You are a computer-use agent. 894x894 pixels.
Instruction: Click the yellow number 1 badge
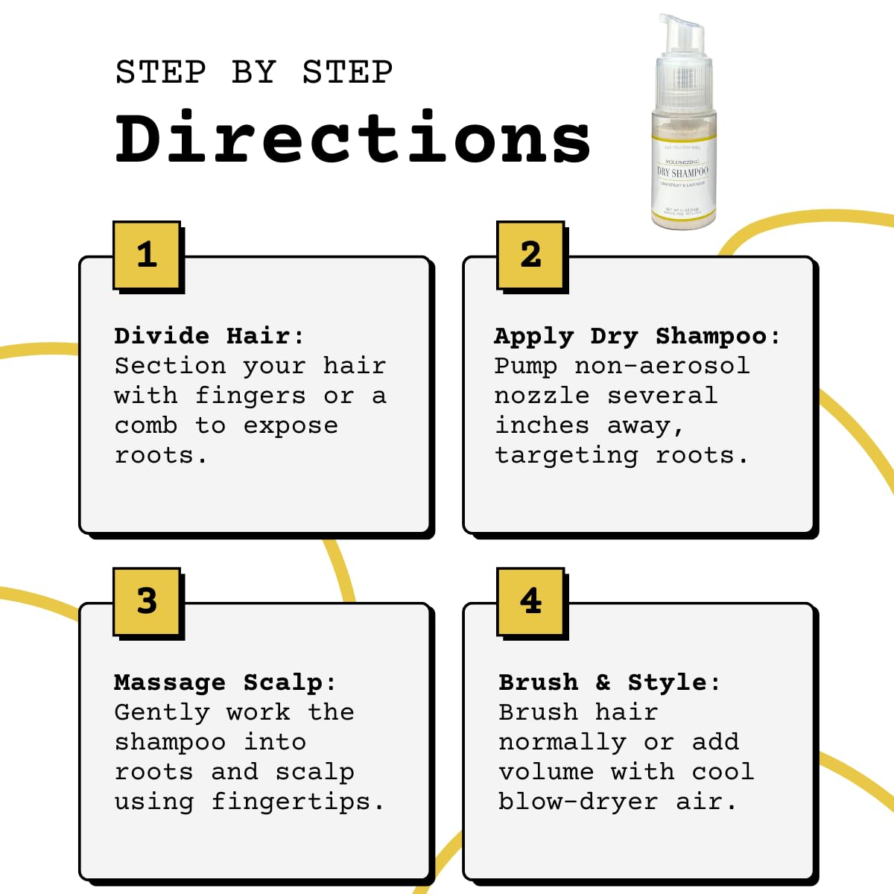tap(147, 255)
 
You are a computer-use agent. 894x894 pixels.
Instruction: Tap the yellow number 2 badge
tap(530, 255)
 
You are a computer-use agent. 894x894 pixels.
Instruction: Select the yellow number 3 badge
tap(147, 601)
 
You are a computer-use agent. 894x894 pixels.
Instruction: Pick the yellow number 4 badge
tap(530, 601)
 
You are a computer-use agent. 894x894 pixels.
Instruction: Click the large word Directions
tap(353, 139)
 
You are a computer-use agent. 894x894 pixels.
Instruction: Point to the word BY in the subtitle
tap(253, 72)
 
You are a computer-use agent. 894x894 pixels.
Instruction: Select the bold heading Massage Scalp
tap(224, 682)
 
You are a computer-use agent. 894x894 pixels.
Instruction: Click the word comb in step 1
tap(146, 425)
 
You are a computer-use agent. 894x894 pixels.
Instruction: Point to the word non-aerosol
tap(662, 366)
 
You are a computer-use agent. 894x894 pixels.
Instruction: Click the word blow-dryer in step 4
tap(578, 802)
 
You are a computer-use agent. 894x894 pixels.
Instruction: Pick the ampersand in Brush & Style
tap(603, 682)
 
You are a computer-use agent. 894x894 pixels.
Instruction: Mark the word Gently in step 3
tap(162, 713)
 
